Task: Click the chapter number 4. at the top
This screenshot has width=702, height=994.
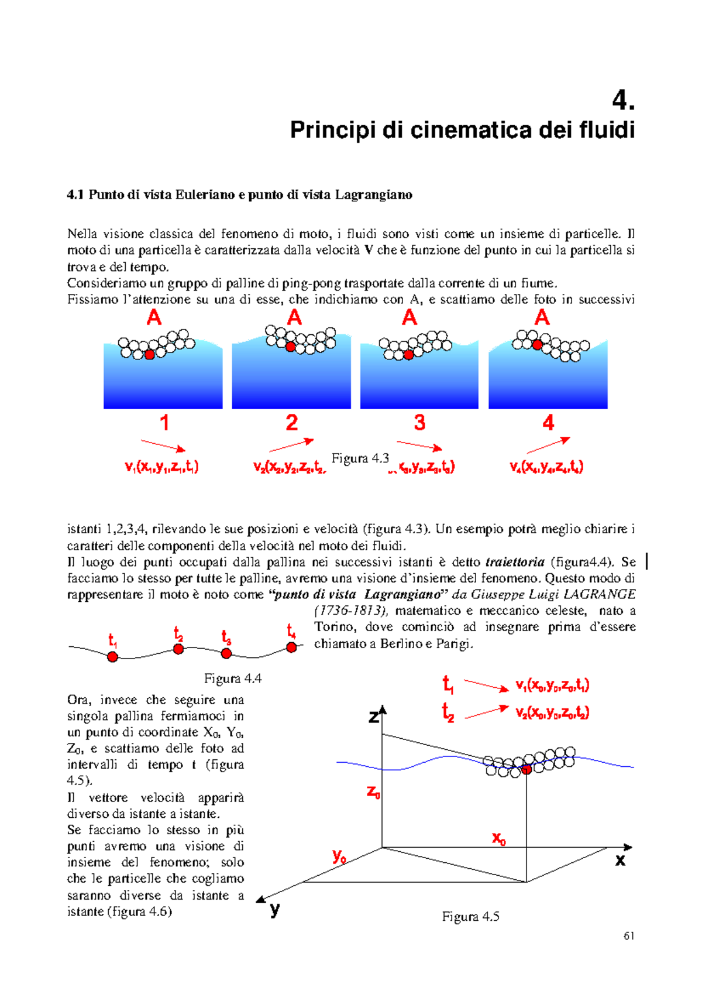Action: tap(622, 101)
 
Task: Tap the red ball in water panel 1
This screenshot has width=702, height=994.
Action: tap(150, 354)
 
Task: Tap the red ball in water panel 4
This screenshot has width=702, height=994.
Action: tap(537, 345)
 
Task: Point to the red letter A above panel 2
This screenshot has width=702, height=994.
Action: tap(294, 318)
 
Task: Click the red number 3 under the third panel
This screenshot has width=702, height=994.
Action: tap(419, 423)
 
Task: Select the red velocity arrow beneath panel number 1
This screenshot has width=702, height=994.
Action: tap(163, 445)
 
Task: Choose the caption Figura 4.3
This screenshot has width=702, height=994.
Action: tap(360, 458)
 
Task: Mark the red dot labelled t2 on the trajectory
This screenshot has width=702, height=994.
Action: tap(178, 649)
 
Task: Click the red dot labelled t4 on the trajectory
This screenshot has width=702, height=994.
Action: tap(291, 647)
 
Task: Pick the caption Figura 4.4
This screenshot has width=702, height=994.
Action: tap(232, 678)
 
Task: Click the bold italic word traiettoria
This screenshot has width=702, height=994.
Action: tap(515, 562)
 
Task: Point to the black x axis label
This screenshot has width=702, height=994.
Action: tap(620, 861)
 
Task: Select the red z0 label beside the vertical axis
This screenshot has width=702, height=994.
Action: tap(373, 793)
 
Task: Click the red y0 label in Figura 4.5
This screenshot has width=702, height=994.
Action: tap(339, 856)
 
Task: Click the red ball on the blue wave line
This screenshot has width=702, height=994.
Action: tap(526, 769)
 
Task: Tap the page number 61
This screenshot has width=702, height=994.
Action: tap(629, 935)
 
